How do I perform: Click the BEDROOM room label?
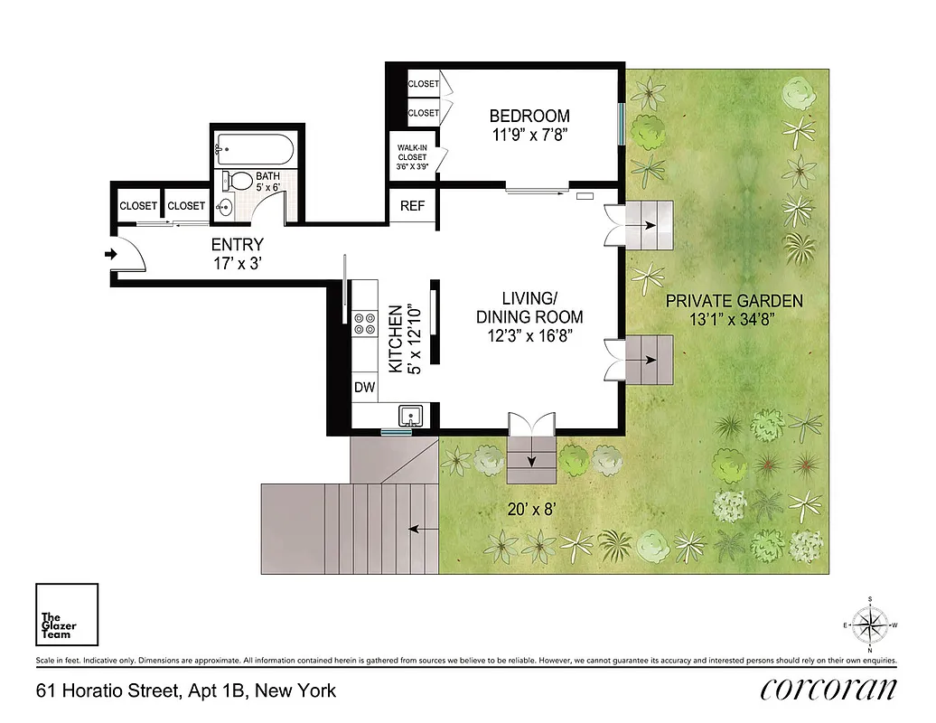529,116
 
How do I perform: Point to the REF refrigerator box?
412,206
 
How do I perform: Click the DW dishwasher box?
364,387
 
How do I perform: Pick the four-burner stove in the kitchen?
365,323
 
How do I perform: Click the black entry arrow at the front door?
111,254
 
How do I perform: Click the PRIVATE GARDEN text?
734,301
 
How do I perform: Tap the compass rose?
869,624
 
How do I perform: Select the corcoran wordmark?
828,690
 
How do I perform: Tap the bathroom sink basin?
225,207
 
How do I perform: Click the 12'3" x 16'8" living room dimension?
529,335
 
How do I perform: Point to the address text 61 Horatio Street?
185,691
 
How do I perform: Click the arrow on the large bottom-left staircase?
417,529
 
